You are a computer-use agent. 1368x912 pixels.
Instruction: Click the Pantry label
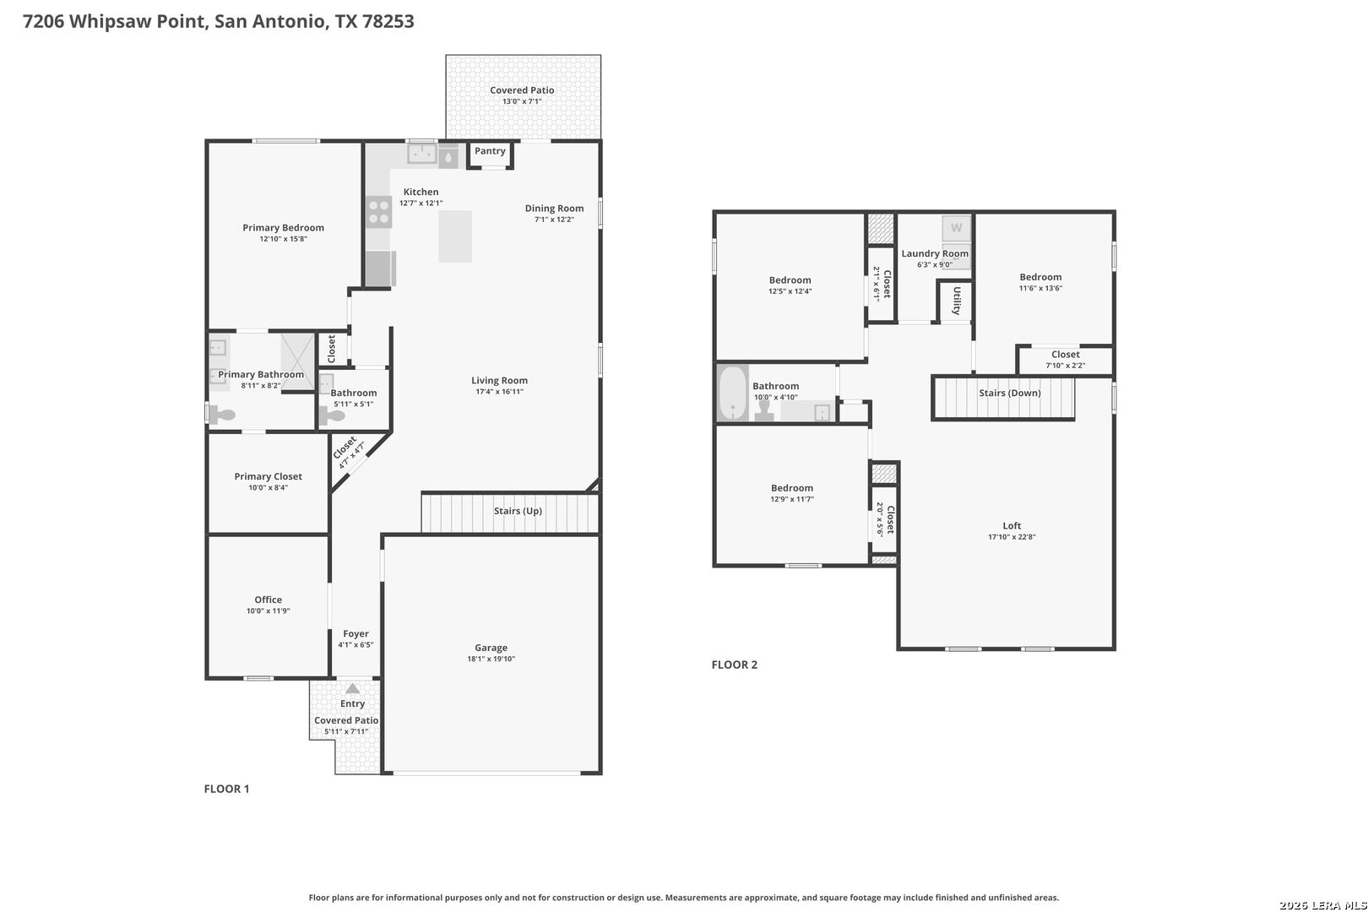click(490, 151)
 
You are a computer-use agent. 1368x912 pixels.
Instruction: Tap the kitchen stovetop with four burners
click(378, 212)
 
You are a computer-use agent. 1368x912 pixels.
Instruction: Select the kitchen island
click(455, 236)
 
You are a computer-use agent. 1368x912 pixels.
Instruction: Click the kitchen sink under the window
click(422, 154)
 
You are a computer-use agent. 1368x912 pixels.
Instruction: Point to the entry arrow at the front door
click(352, 688)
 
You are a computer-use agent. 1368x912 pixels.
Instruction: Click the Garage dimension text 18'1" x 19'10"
click(491, 659)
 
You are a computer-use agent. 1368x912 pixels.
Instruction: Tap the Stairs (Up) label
click(518, 511)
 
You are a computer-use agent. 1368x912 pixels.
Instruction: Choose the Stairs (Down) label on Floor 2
click(1009, 393)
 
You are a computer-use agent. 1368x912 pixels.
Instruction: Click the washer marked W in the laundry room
click(956, 229)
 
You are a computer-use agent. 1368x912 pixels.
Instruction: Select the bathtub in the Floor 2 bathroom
click(732, 393)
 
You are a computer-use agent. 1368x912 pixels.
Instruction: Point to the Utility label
click(957, 301)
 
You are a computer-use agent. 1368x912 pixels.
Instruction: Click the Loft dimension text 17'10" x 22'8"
click(1012, 537)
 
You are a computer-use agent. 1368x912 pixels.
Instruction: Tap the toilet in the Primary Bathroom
click(223, 415)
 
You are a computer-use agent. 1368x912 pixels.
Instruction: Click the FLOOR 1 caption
click(226, 789)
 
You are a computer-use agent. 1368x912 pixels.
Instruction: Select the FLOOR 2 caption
click(734, 665)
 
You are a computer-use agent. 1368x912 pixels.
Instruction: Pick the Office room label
click(268, 600)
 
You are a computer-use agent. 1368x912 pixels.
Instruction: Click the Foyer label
click(356, 633)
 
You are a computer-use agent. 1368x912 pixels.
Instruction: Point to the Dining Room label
click(555, 209)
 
